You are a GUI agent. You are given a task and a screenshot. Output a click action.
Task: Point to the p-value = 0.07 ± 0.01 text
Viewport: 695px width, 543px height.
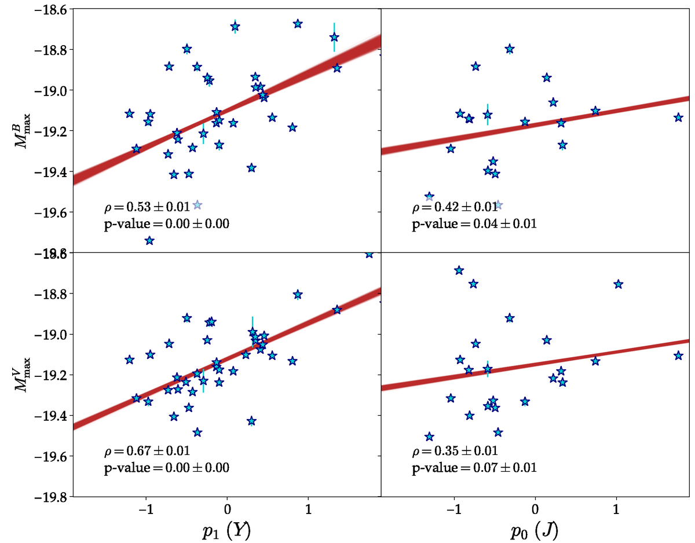click(x=474, y=467)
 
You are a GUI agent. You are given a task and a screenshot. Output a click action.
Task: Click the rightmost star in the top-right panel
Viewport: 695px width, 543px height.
click(x=678, y=118)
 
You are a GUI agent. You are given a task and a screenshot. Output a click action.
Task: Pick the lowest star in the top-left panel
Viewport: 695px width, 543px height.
click(x=149, y=241)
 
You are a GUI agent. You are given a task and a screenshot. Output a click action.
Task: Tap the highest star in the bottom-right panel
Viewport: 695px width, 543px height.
click(x=459, y=270)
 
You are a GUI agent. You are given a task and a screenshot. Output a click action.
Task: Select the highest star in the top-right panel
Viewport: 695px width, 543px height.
click(x=510, y=49)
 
